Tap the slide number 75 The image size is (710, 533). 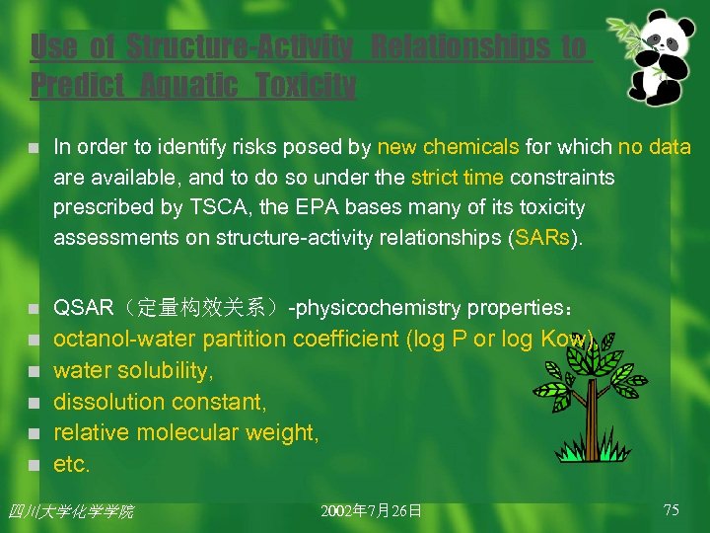click(x=671, y=509)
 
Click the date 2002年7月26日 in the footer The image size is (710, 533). click(x=371, y=510)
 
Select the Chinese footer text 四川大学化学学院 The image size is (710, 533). click(x=70, y=511)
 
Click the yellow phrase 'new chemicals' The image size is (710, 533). click(x=448, y=147)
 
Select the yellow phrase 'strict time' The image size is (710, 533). click(x=457, y=178)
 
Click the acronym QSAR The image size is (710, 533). click(x=83, y=308)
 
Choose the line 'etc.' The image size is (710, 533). click(x=72, y=464)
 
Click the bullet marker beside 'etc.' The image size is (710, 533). click(x=33, y=465)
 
